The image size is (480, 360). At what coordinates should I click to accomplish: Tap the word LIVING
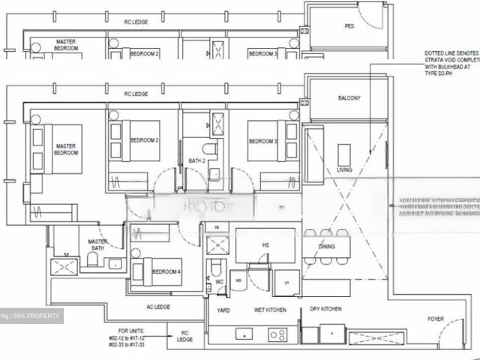click(344, 170)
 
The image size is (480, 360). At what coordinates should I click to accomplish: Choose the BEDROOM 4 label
click(166, 271)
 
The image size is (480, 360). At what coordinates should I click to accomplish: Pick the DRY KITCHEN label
click(325, 309)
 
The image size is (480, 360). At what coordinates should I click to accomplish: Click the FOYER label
click(436, 319)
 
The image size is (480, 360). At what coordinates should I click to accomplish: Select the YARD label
click(223, 309)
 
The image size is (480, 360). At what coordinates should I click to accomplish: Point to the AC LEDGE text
click(158, 306)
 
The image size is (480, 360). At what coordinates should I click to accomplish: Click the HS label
click(265, 244)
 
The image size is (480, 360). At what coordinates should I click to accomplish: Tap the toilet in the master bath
click(92, 259)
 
